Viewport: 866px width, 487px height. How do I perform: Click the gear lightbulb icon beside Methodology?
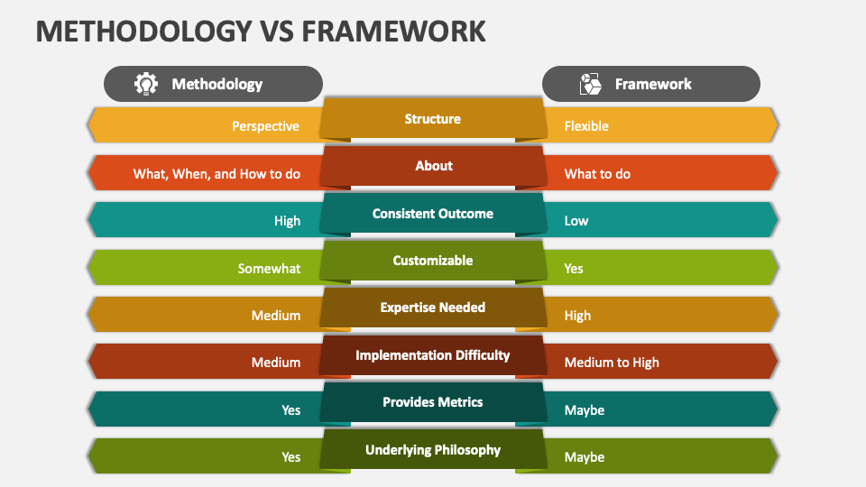point(146,84)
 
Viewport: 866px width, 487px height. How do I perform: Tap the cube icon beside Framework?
point(590,84)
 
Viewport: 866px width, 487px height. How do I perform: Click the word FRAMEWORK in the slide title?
point(394,32)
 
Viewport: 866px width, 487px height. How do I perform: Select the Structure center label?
point(432,119)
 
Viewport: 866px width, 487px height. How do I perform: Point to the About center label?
point(434,166)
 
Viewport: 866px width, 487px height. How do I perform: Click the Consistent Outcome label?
point(432,214)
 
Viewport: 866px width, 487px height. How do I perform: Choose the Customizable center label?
point(432,261)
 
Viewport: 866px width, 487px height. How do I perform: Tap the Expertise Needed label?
point(432,308)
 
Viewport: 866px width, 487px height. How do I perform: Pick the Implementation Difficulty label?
point(432,355)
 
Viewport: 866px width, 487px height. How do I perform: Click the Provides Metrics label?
point(432,402)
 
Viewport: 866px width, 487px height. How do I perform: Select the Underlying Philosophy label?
point(432,450)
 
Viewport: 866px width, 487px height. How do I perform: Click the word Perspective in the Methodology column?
point(265,126)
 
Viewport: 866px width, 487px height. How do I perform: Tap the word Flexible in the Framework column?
point(586,126)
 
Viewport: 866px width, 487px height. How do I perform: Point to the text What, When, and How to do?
point(216,174)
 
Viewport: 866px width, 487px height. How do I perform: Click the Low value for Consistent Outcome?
point(576,221)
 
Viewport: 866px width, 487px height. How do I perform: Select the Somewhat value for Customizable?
point(269,269)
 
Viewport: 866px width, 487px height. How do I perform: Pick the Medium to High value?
point(612,363)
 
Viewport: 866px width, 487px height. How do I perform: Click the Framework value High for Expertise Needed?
point(577,316)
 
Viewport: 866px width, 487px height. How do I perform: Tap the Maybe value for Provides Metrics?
point(585,410)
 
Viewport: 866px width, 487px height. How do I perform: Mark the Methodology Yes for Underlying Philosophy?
point(291,457)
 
